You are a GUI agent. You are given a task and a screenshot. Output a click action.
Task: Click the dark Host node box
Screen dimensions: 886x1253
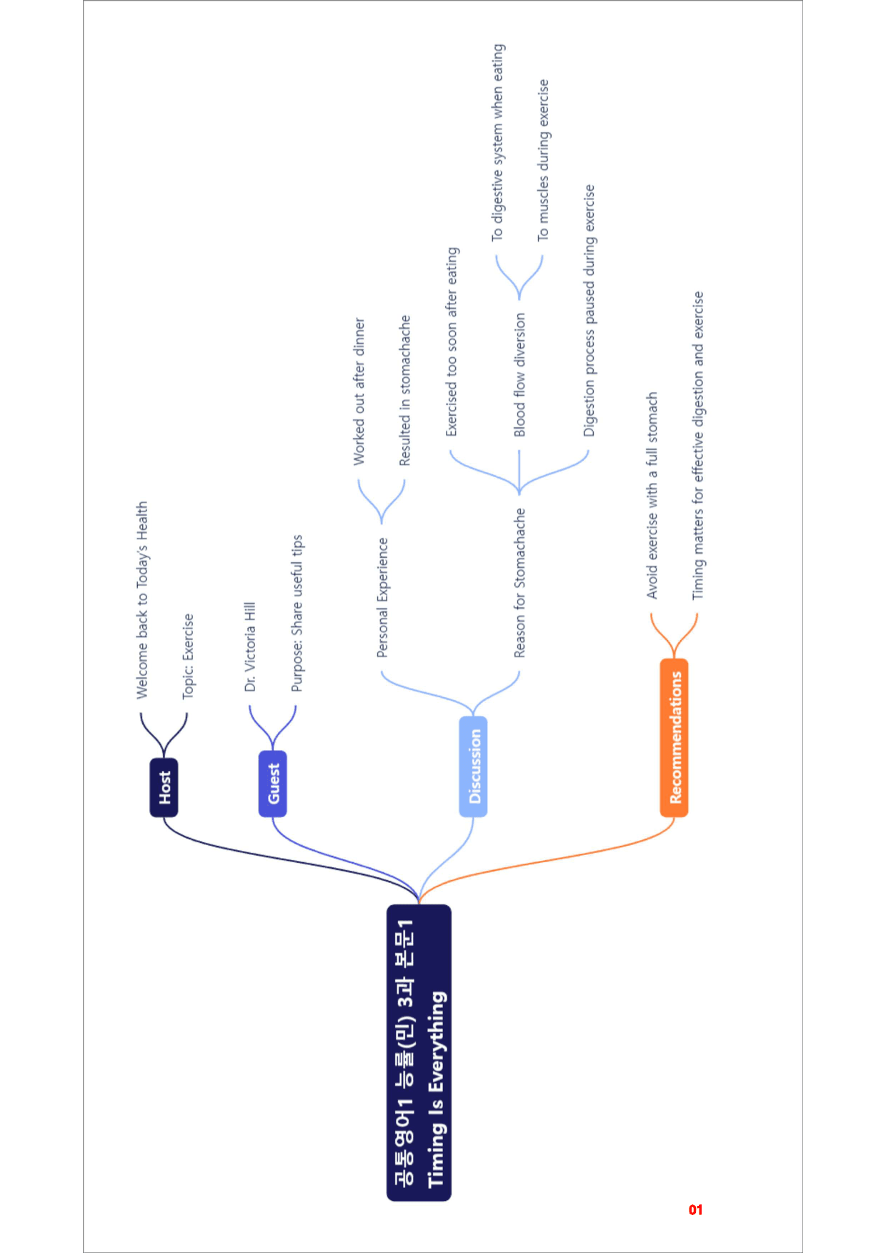pyautogui.click(x=164, y=787)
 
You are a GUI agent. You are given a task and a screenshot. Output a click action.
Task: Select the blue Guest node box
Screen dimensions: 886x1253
pyautogui.click(x=272, y=784)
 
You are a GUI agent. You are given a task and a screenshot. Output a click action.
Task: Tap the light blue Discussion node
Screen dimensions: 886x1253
pyautogui.click(x=473, y=767)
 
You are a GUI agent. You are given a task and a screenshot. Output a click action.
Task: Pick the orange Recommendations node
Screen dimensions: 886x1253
pyautogui.click(x=674, y=738)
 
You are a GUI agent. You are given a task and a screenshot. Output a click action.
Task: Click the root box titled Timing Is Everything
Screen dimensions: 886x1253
pyautogui.click(x=419, y=1053)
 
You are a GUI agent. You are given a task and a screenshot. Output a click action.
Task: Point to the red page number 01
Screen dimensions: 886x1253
pyautogui.click(x=696, y=1210)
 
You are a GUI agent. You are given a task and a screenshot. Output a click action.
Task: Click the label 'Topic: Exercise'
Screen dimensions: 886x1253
pyautogui.click(x=188, y=656)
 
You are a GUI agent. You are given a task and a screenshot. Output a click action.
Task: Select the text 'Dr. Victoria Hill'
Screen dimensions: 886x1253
pyautogui.click(x=249, y=647)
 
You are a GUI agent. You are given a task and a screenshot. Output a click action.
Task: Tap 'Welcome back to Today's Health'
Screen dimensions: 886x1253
pyautogui.click(x=142, y=599)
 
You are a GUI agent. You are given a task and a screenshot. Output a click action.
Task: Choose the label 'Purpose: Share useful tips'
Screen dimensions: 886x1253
pyautogui.click(x=297, y=613)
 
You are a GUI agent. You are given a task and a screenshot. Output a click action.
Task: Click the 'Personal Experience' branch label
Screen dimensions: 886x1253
pyautogui.click(x=382, y=597)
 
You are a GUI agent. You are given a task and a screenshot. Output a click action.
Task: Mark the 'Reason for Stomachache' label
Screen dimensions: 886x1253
pyautogui.click(x=519, y=582)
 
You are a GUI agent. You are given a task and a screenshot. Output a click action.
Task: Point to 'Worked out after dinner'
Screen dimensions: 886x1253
pyautogui.click(x=359, y=391)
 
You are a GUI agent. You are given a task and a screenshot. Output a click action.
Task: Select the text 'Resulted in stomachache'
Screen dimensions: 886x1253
pyautogui.click(x=405, y=391)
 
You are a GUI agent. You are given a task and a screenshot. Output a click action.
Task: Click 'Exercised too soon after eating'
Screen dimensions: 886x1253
pyautogui.click(x=452, y=341)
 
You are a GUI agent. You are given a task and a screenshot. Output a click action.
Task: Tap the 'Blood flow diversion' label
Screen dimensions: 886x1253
pyautogui.click(x=519, y=374)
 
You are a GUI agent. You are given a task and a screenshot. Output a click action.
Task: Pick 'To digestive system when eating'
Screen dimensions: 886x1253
pyautogui.click(x=497, y=142)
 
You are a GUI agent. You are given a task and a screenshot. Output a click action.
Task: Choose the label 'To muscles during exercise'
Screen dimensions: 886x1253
pyautogui.click(x=543, y=159)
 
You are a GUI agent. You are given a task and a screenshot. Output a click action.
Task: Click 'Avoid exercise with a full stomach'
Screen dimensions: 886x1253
pyautogui.click(x=652, y=495)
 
